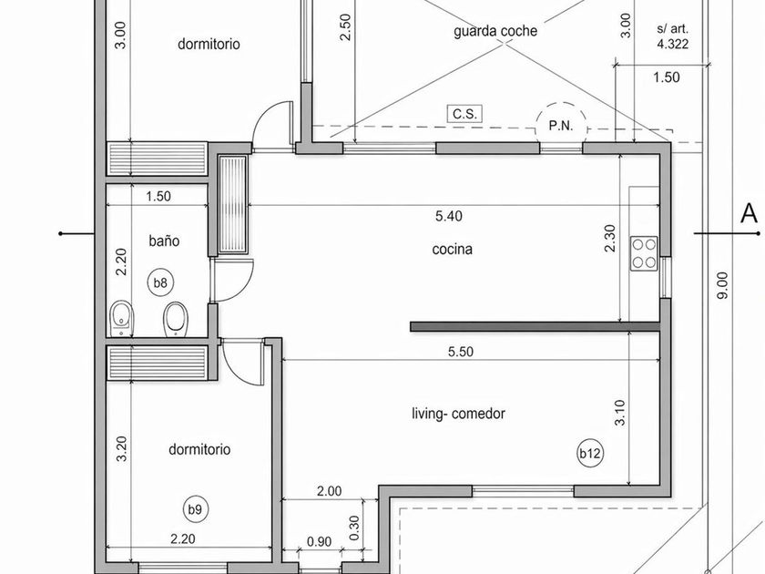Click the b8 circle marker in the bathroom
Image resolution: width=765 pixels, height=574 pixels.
coord(160,282)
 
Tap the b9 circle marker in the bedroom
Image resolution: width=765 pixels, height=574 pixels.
coord(195,509)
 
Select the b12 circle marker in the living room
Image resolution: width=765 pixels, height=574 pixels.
coord(590,454)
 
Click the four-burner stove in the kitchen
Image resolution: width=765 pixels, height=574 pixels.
coord(644,253)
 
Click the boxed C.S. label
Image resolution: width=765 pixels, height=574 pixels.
coord(464,113)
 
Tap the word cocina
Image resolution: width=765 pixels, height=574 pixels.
coord(453,250)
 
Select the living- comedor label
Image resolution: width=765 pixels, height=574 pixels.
coord(458,414)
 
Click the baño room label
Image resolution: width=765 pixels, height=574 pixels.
coord(164,241)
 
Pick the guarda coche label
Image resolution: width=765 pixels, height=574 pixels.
coord(495,31)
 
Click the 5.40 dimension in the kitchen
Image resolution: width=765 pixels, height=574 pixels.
coord(449,216)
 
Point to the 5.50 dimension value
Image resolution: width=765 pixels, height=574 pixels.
coord(461,352)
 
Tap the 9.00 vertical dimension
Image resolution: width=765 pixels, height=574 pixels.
coord(722,285)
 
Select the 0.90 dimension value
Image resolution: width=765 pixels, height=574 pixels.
coord(319,542)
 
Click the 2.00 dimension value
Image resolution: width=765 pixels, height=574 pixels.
coord(330,491)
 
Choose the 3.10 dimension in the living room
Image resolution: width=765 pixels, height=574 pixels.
coord(619,413)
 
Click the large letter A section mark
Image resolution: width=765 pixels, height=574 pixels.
coord(750,213)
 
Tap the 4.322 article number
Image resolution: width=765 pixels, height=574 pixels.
coord(673,45)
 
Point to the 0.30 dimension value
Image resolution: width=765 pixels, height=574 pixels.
coord(354,528)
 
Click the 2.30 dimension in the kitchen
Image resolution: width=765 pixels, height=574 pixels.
coord(610,238)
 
